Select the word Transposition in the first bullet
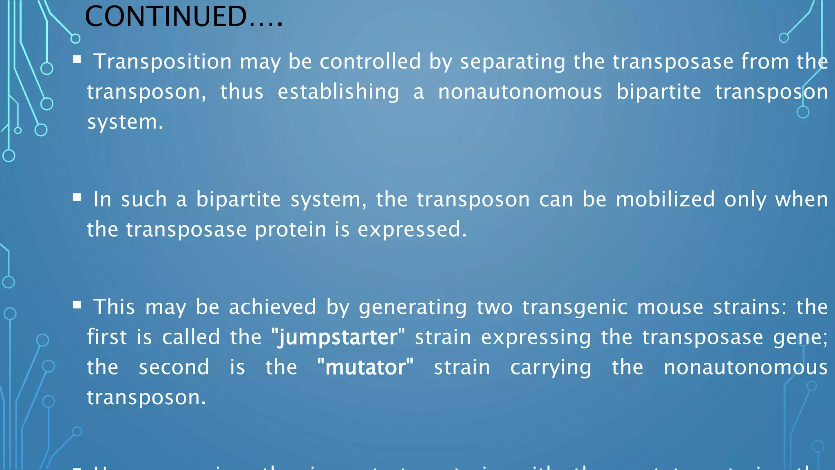coord(163,62)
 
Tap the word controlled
coord(370,62)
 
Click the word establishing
coord(338,92)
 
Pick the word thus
coord(242,92)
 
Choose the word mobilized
coord(665,200)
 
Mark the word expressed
coord(412,230)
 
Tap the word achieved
coord(272,307)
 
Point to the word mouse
coord(670,307)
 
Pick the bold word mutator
coord(365,367)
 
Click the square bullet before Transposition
coord(77,60)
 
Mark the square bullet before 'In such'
coord(77,198)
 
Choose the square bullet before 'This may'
coord(77,305)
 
